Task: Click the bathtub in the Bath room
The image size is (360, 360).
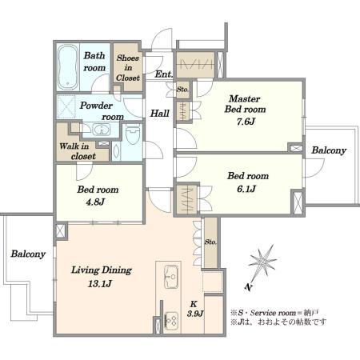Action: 68,67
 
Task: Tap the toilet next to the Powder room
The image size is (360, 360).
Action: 133,134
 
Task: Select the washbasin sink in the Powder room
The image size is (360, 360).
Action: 102,130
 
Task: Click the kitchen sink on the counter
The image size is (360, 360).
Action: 171,277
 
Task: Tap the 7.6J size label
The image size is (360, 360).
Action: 246,122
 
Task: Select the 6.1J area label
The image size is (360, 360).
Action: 246,189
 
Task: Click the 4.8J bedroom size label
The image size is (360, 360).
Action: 95,202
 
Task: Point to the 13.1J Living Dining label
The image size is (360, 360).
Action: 100,283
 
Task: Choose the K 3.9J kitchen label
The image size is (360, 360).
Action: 195,309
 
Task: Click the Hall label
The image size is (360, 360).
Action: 160,114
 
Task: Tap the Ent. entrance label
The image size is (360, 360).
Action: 163,74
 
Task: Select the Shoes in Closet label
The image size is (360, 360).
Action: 128,68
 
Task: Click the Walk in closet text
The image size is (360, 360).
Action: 78,151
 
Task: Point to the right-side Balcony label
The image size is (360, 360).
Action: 329,150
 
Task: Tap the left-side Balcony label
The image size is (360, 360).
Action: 28,254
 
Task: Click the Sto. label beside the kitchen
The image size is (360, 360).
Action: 210,242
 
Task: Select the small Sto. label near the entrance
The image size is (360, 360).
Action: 182,89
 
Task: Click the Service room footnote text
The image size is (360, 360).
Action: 274,313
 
